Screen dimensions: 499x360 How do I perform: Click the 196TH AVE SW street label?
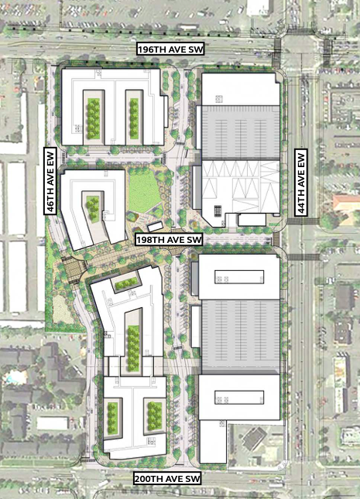pos(170,50)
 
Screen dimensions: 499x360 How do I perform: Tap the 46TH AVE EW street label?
pos(50,181)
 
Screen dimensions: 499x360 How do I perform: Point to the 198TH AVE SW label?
pos(169,240)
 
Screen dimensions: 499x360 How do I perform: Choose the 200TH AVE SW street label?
pos(167,480)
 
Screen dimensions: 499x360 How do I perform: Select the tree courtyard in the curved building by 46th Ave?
pos(93,205)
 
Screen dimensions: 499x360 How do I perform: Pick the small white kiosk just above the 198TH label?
pos(155,227)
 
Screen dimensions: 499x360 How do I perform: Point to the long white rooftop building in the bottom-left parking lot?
pos(53,423)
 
